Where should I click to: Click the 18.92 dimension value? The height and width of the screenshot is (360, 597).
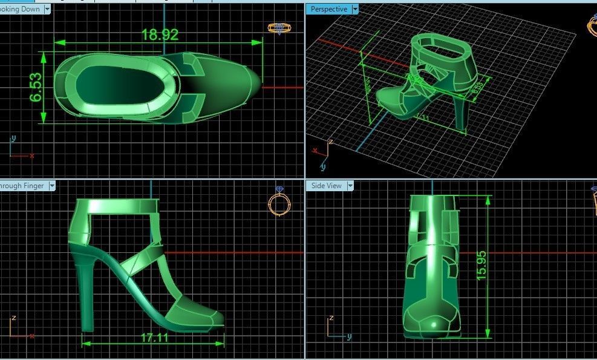pyautogui.click(x=160, y=34)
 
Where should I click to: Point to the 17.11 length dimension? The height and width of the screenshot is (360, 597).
pyautogui.click(x=155, y=338)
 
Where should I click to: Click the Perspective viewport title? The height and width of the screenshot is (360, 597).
pyautogui.click(x=328, y=9)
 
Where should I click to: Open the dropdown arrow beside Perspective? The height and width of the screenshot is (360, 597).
pyautogui.click(x=355, y=9)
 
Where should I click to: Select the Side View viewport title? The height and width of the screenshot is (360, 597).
pyautogui.click(x=326, y=186)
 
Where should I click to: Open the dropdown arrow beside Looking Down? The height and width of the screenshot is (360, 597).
pyautogui.click(x=47, y=9)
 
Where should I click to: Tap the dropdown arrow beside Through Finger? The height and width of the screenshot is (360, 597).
pyautogui.click(x=52, y=186)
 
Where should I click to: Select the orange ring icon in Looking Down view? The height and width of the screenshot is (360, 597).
pyautogui.click(x=278, y=28)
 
